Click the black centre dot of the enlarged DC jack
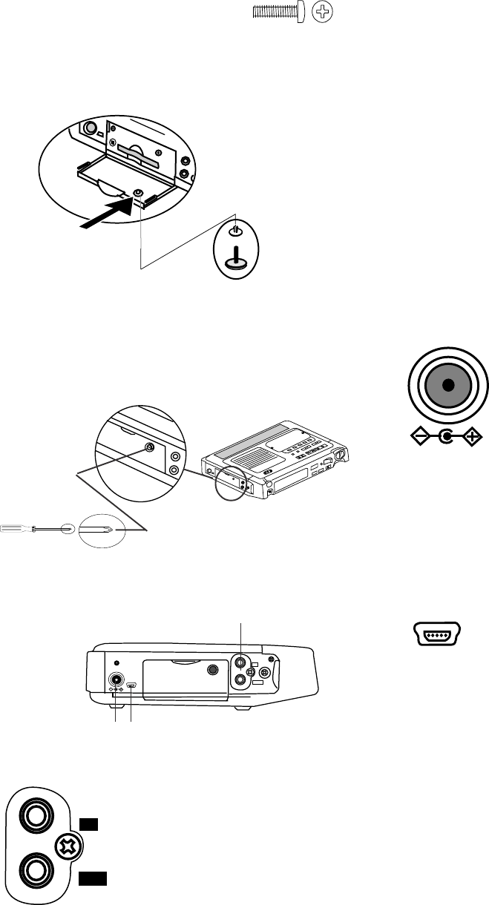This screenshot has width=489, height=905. pos(447,386)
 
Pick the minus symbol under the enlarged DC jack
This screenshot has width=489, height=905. pos(419,438)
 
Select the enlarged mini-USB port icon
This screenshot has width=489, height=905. pos(435,636)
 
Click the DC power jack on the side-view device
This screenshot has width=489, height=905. pos(117,681)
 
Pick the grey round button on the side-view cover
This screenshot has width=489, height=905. pos(214,670)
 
